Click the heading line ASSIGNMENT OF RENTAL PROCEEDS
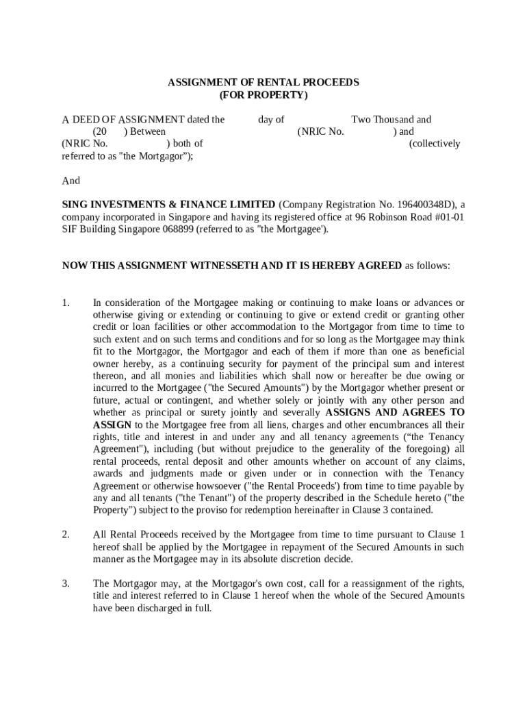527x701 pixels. coord(263,82)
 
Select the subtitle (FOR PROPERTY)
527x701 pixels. coord(263,94)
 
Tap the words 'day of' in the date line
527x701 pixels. coord(271,119)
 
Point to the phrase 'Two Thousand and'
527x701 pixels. coord(391,119)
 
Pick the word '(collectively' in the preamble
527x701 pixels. coord(435,144)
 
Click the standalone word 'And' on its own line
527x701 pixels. coord(71,181)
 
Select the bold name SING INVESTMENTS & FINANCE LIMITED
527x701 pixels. coord(168,205)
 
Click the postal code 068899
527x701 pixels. coord(178,229)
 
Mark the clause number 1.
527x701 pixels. coord(66,303)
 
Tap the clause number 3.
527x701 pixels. coord(66,583)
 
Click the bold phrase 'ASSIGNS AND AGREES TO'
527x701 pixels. coord(395,413)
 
